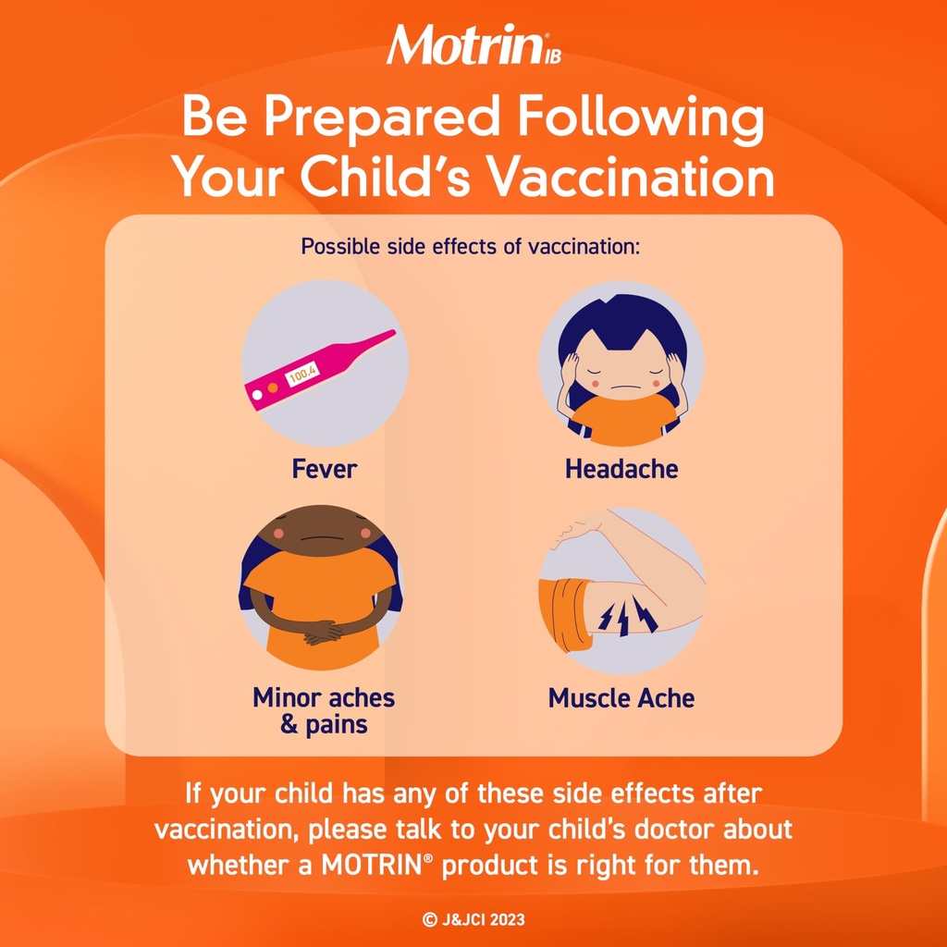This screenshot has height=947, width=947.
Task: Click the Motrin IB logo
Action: pos(473,45)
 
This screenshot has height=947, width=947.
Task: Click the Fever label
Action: pos(324,469)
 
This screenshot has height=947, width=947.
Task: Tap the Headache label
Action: pos(621,469)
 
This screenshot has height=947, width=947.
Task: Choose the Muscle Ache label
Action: pos(621,697)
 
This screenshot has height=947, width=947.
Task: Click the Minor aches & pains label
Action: pos(324,709)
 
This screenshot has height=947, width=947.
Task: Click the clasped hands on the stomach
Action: pos(323,633)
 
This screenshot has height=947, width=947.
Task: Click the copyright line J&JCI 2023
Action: pos(473,920)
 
